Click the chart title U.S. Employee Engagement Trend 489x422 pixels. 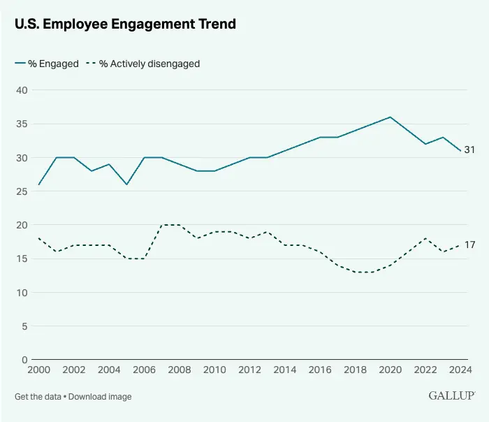pos(126,24)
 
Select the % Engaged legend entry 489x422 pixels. pos(47,64)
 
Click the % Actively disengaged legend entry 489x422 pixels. pos(143,64)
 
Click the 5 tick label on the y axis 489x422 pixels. pos(24,326)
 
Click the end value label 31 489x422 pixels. pos(469,150)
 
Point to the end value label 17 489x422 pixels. pos(469,245)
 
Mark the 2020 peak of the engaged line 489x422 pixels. pos(390,117)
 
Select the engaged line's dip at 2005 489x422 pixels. pos(126,184)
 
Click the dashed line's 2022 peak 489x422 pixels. pos(425,238)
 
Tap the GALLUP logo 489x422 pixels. pos(451,395)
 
